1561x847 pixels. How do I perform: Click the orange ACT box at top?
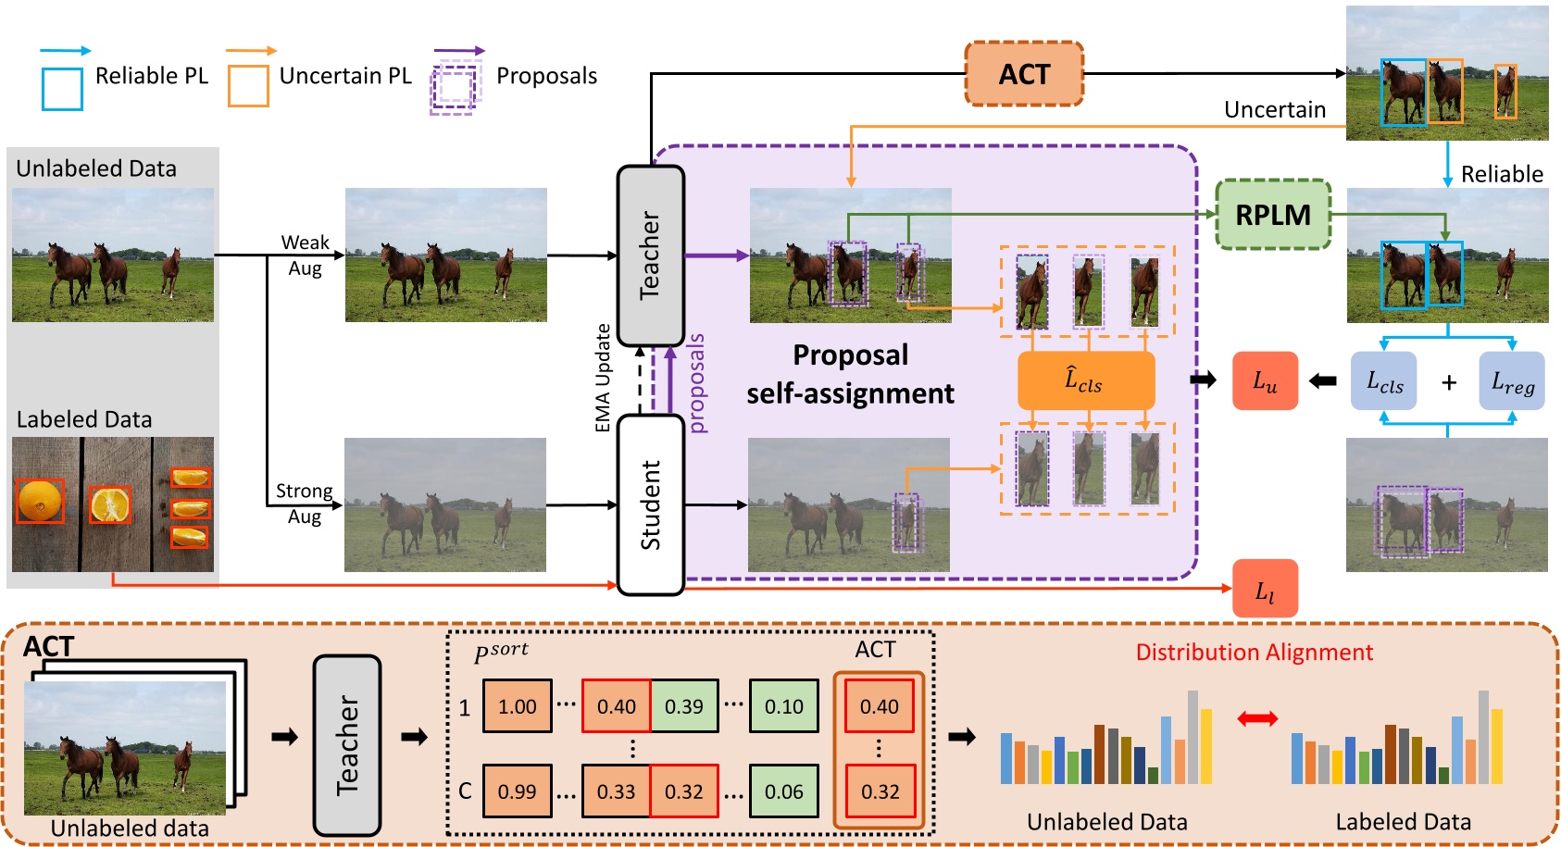1024,74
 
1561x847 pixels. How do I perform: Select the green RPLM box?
1273,215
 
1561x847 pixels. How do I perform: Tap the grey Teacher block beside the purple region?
651,255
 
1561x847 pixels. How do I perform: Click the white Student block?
651,504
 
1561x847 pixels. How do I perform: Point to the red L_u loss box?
1265,380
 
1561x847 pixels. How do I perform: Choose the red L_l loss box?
1265,590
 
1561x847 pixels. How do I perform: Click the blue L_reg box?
1512,380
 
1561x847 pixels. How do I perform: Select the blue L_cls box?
1384,380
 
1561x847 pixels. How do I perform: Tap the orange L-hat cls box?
1086,380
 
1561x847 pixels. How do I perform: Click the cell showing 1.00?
517,706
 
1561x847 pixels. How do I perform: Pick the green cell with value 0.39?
684,706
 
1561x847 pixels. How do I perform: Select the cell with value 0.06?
783,791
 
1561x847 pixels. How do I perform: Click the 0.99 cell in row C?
517,791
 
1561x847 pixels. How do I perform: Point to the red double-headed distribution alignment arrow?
1257,718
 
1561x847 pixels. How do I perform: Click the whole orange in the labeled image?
40,501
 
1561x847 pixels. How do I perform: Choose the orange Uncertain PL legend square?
248,86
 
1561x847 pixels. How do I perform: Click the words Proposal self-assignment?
850,374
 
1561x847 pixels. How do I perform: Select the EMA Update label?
603,378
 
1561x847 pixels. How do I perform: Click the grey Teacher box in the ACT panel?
347,745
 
